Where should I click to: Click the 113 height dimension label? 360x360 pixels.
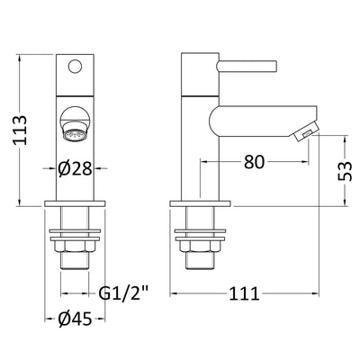tap(21, 130)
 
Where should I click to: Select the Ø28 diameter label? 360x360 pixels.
tap(75, 168)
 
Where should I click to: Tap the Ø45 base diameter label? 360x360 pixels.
tap(75, 319)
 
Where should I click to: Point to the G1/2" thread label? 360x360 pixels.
tap(124, 293)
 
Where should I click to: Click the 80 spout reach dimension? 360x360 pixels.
tap(255, 162)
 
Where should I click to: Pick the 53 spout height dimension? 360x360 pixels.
tap(345, 171)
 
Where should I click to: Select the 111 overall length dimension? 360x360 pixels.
tap(244, 293)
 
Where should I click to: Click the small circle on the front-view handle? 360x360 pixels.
tap(75, 67)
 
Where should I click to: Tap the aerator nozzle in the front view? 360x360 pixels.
tap(75, 132)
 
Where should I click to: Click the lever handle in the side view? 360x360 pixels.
tap(247, 67)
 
